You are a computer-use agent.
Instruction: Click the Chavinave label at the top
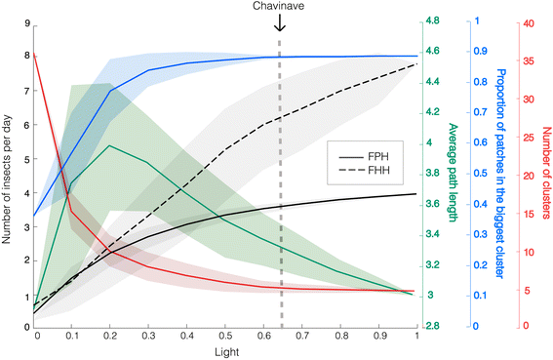(x=280, y=7)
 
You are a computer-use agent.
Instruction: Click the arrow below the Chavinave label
(x=280, y=22)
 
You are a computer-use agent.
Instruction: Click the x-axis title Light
(x=226, y=350)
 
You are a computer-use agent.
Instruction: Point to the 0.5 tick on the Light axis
(x=226, y=335)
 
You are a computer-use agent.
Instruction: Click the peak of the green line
(x=109, y=146)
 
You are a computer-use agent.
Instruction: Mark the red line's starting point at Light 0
(x=34, y=54)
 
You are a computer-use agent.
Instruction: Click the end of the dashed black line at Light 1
(x=417, y=64)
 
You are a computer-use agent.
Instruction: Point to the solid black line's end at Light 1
(x=417, y=194)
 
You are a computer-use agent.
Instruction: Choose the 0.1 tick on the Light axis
(x=74, y=335)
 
